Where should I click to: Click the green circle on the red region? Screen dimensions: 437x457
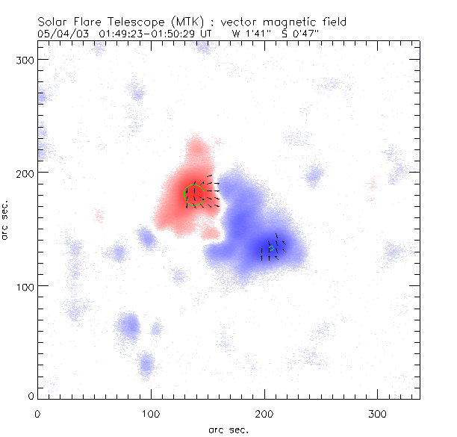(194, 194)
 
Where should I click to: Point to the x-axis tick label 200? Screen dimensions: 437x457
(264, 412)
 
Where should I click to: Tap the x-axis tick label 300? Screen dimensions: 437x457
(378, 412)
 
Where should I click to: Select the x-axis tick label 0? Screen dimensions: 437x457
(37, 412)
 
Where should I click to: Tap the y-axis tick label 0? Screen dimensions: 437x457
(31, 396)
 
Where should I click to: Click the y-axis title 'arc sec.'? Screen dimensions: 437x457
(6, 220)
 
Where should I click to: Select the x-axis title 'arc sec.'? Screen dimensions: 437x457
(228, 430)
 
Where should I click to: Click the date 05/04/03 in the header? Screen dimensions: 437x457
(60, 34)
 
